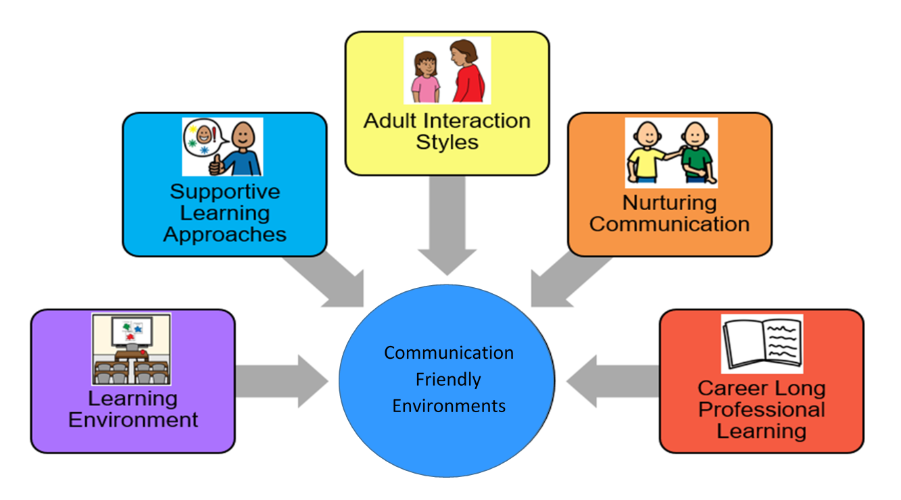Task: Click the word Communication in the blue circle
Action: [x=449, y=353]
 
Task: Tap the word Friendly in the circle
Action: [x=448, y=380]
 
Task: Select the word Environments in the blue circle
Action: [x=449, y=406]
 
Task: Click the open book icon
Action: [x=762, y=343]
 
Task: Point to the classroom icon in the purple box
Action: [x=131, y=349]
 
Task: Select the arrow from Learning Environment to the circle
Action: [x=281, y=380]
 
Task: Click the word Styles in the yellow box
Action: [x=447, y=143]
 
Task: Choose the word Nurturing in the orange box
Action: [x=669, y=202]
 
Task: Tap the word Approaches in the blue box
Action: [x=224, y=234]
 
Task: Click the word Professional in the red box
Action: [x=762, y=409]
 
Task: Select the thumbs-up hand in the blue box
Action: [x=218, y=163]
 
